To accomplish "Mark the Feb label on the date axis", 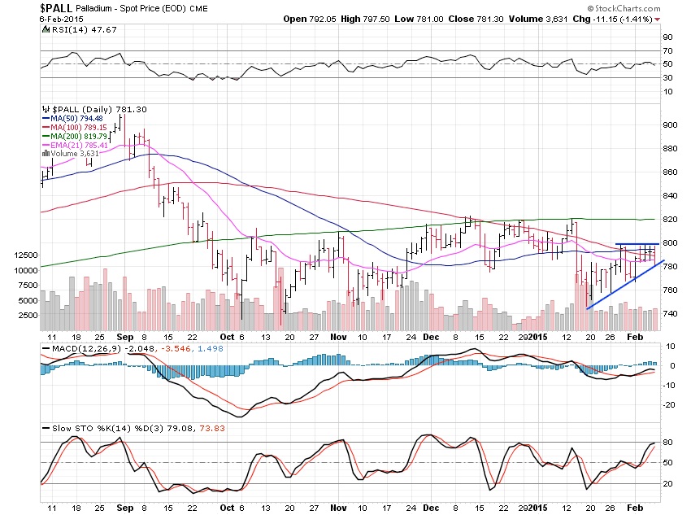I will tap(637, 336).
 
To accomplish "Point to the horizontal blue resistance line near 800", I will tap(636, 243).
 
